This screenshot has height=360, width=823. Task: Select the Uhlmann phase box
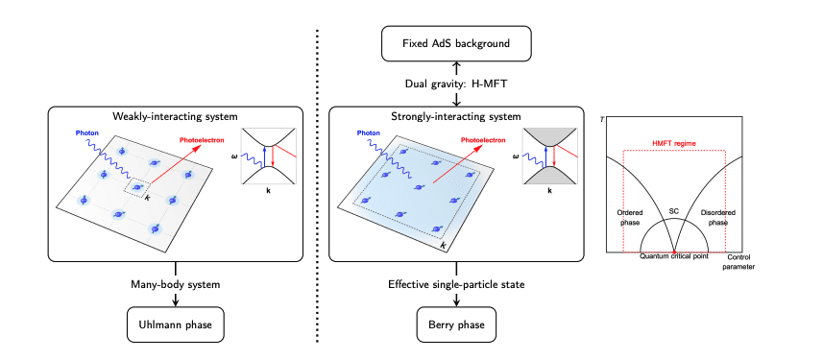tap(176, 325)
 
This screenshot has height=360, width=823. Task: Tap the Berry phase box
tap(456, 325)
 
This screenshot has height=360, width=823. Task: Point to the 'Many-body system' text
tap(176, 284)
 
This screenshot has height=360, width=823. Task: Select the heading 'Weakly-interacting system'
tap(175, 117)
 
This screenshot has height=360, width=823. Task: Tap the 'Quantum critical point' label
tap(675, 258)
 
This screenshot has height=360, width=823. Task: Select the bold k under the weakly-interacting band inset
tap(267, 191)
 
